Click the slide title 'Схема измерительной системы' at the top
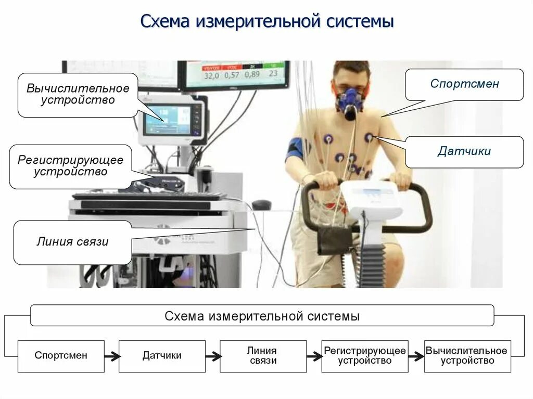click(x=266, y=22)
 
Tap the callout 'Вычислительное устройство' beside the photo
click(x=78, y=95)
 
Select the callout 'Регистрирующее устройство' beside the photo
click(x=70, y=166)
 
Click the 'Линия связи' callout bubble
click(x=72, y=242)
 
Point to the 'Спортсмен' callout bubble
click(x=464, y=84)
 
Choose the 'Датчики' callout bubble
click(x=464, y=152)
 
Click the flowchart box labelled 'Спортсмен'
click(x=61, y=356)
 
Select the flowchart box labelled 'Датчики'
click(x=162, y=356)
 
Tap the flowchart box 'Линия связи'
click(x=263, y=356)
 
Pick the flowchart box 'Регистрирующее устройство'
click(x=364, y=356)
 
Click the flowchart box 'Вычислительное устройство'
click(x=467, y=356)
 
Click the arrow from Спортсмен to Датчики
click(x=112, y=356)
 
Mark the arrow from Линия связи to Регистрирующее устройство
click(x=314, y=356)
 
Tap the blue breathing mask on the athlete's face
click(x=350, y=100)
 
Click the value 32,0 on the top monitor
click(x=211, y=75)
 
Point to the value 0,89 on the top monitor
click(x=252, y=74)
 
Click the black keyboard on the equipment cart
click(x=148, y=197)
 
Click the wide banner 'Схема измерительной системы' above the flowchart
click(x=262, y=316)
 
